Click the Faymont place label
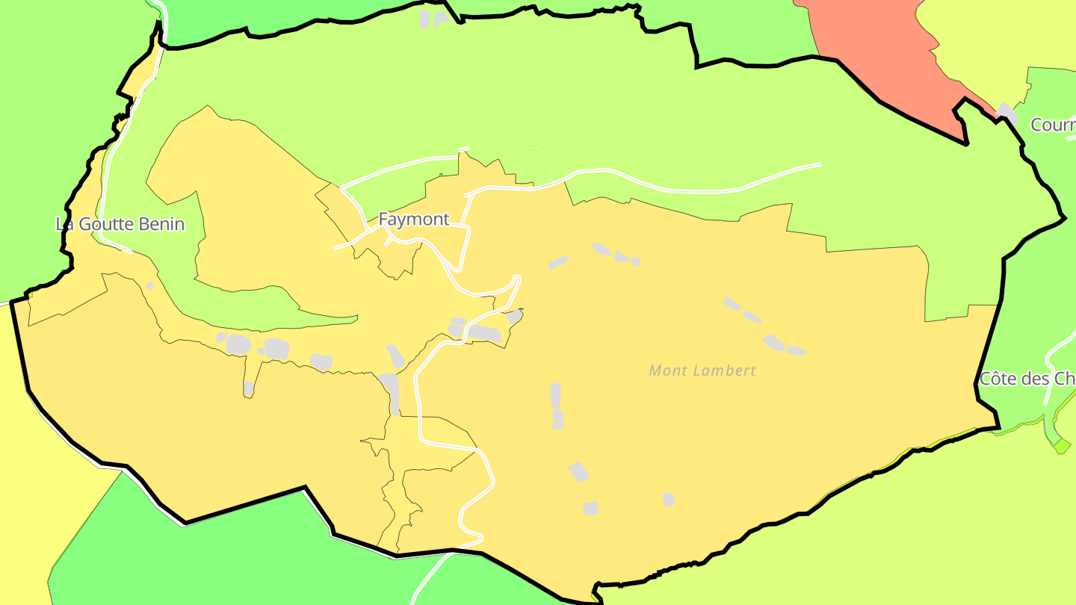click(x=413, y=220)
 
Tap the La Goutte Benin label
click(x=120, y=224)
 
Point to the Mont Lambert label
click(x=702, y=370)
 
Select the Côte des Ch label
click(x=1027, y=379)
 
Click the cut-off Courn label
click(x=1053, y=125)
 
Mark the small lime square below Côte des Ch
click(x=1061, y=446)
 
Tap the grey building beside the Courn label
click(x=1007, y=112)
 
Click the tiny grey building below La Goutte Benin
click(x=149, y=285)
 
